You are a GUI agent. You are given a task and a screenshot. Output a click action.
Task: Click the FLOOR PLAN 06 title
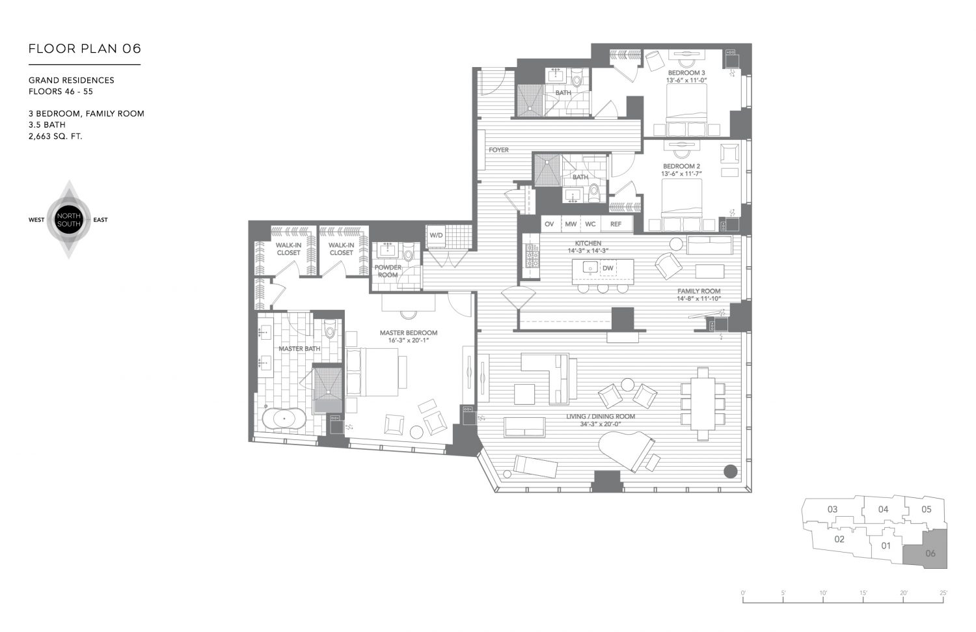tap(85, 49)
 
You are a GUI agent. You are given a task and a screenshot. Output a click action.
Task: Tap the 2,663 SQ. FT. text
tap(55, 137)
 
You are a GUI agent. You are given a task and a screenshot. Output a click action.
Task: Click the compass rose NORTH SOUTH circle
tap(68, 220)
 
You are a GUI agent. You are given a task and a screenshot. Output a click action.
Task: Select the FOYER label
tap(498, 150)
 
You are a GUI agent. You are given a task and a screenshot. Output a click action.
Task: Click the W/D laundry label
tap(435, 236)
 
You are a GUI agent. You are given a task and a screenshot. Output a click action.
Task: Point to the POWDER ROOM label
tap(388, 271)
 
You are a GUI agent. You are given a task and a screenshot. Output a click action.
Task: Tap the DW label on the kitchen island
tap(608, 268)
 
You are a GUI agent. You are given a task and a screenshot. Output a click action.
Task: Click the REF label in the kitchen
tap(616, 224)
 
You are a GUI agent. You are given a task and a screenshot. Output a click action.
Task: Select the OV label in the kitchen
tap(549, 224)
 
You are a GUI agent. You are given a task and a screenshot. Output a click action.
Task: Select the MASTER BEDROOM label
tap(409, 333)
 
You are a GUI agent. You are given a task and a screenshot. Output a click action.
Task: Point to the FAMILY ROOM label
tap(699, 291)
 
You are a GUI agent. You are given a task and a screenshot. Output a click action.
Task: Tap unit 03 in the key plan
tap(832, 509)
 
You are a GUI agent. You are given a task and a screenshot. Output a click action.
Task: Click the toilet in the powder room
tap(408, 252)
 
